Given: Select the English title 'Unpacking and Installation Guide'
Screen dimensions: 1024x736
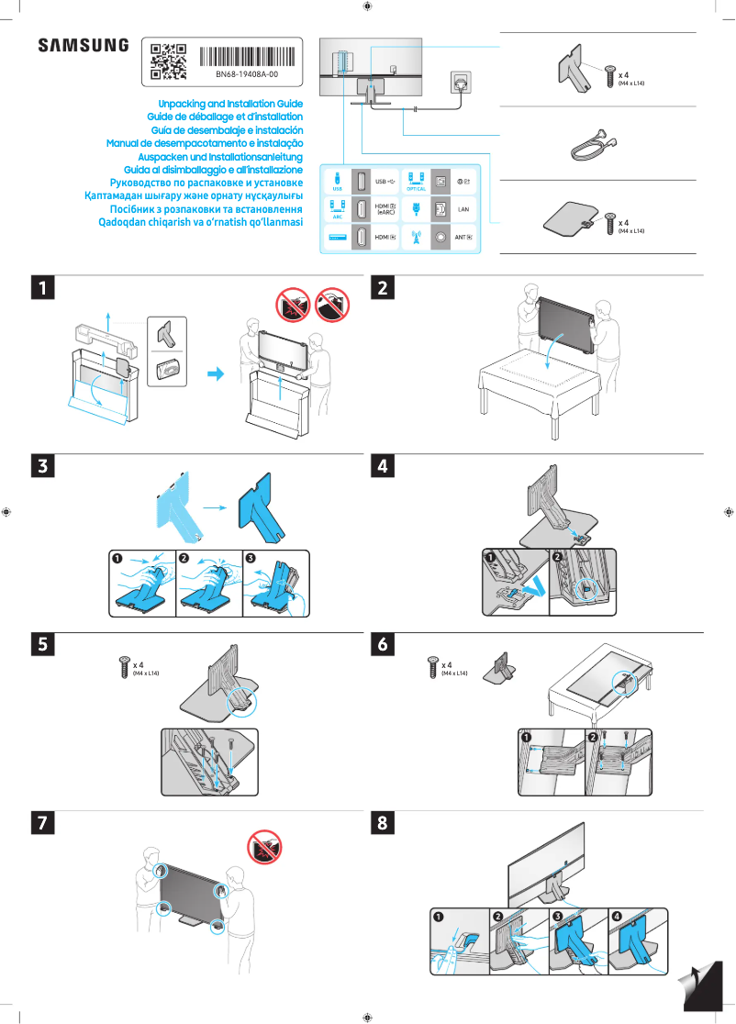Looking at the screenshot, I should [230, 105].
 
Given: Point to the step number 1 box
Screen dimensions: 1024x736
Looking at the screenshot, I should [41, 287].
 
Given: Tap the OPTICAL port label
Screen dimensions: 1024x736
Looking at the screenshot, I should [416, 188].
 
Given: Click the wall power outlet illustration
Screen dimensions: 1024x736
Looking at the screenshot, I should [460, 83].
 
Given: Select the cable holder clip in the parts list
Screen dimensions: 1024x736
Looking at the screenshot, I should [591, 144].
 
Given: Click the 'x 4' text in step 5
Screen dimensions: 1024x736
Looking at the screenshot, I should [137, 664].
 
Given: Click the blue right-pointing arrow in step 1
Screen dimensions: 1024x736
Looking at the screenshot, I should [215, 373].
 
